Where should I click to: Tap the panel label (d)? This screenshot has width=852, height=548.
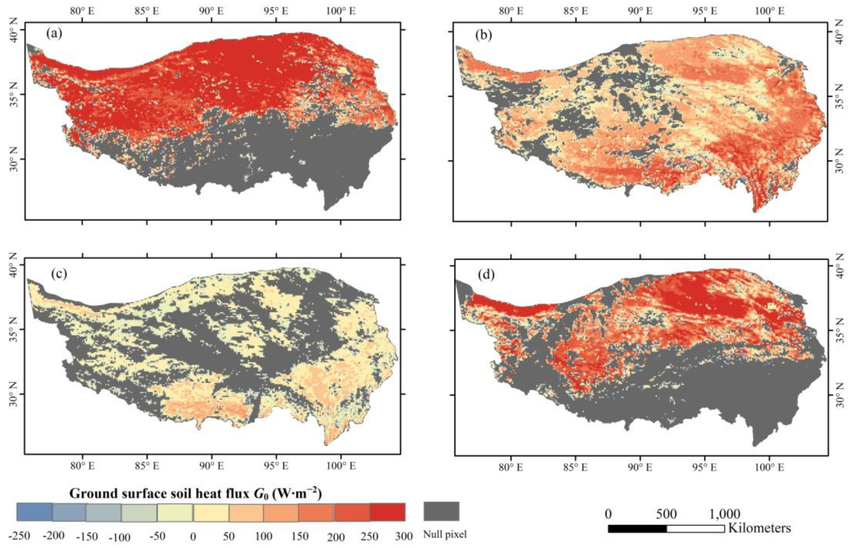pos(487,275)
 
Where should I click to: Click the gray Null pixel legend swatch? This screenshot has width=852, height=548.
pos(441,511)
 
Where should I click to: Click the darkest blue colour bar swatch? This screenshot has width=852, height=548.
pos(35,512)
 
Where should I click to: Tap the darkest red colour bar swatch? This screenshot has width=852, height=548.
pos(387,512)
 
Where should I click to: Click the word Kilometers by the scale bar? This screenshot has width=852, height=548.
pos(759,528)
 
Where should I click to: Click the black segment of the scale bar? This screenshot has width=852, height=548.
pos(637,528)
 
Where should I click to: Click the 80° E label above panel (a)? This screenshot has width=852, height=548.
pos(82,11)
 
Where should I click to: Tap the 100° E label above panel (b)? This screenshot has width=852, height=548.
pos(770,11)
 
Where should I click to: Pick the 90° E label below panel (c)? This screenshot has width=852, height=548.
pos(212,466)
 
